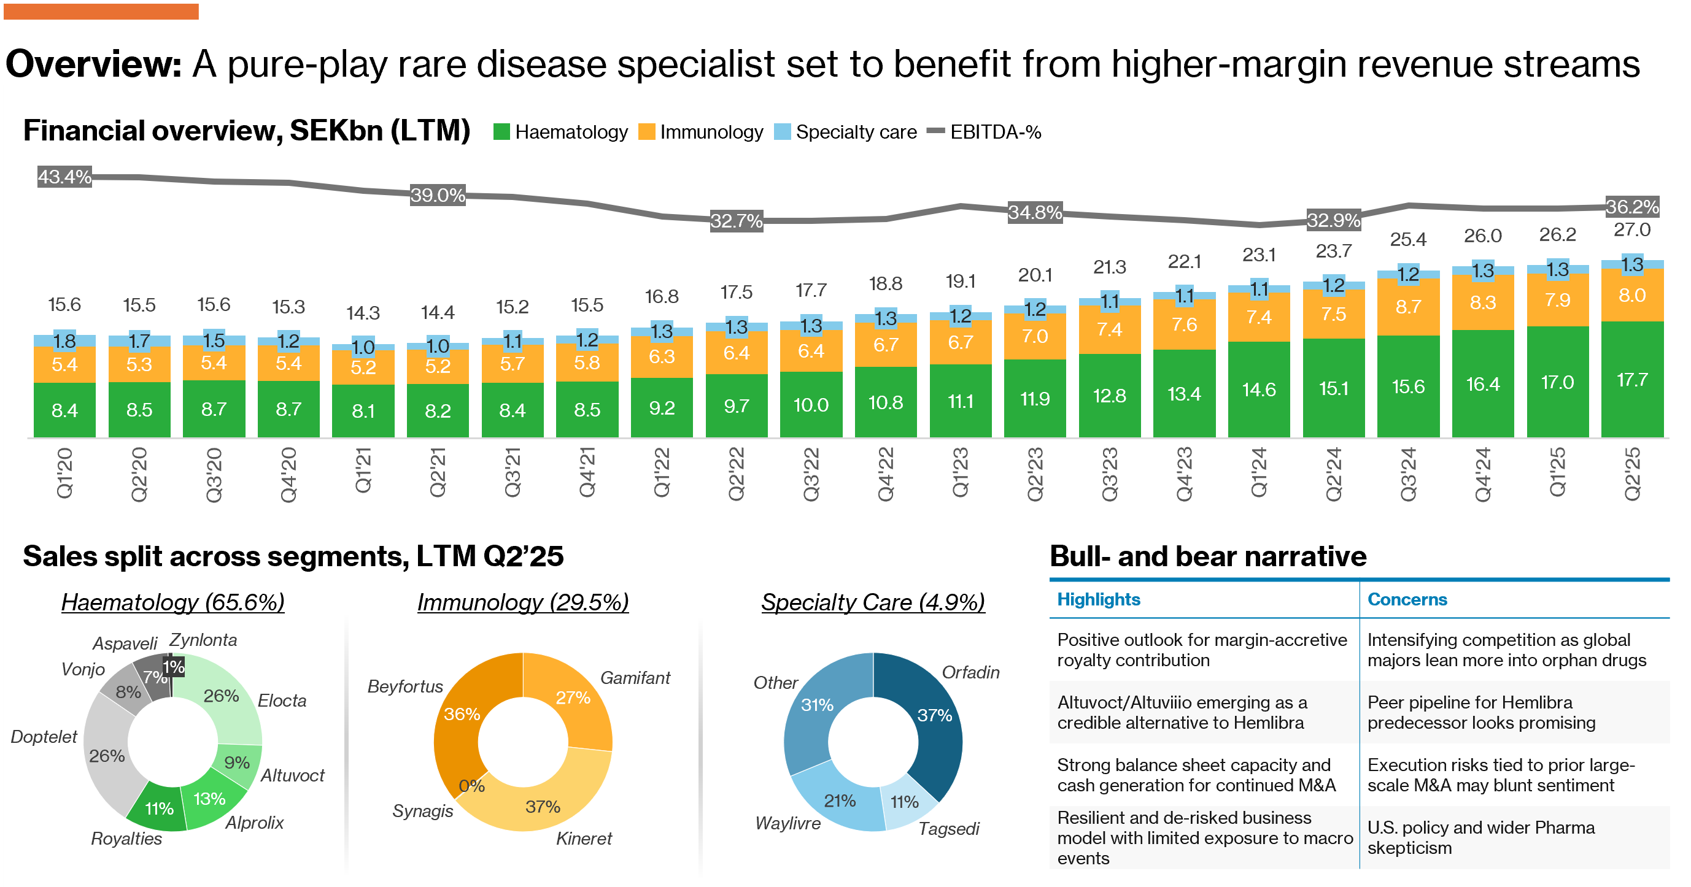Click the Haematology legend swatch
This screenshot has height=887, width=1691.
click(x=501, y=132)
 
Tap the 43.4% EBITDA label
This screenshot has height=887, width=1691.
click(x=64, y=177)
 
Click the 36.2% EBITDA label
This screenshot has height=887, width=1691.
click(x=1632, y=207)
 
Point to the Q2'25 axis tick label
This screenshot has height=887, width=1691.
click(x=1632, y=474)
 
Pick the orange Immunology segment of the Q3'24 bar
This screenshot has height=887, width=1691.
click(x=1408, y=306)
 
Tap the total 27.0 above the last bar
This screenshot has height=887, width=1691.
click(x=1632, y=229)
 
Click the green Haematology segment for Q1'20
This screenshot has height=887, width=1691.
click(x=64, y=410)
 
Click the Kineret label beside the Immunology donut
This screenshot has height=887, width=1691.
click(x=584, y=839)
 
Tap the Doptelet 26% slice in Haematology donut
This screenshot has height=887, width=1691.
click(x=107, y=756)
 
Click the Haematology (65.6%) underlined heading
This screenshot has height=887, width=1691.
click(x=172, y=602)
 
